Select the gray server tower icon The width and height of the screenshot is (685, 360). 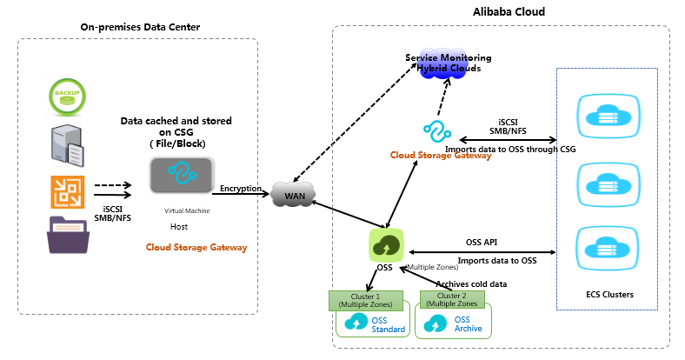click(66, 141)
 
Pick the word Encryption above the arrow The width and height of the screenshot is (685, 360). click(241, 188)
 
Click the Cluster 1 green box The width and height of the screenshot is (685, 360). click(365, 300)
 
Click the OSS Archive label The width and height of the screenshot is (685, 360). click(469, 324)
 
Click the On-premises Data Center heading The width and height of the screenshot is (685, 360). click(140, 27)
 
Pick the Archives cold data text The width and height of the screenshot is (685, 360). click(471, 283)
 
